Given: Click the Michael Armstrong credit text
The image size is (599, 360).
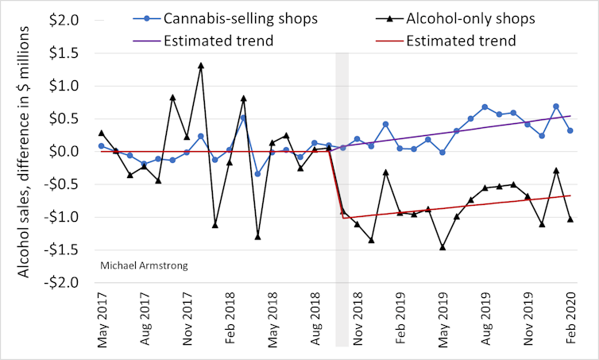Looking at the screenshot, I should point(144,265).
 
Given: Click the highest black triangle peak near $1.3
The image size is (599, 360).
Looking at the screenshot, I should point(201,65).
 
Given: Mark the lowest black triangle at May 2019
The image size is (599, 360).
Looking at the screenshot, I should point(442,247).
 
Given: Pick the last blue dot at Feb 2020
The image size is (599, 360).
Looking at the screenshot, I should point(570,130).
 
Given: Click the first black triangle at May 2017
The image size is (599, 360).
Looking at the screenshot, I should point(102,133).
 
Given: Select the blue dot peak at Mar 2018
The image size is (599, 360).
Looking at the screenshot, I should point(243,118).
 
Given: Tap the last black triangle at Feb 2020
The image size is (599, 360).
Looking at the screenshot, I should point(570,219).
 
